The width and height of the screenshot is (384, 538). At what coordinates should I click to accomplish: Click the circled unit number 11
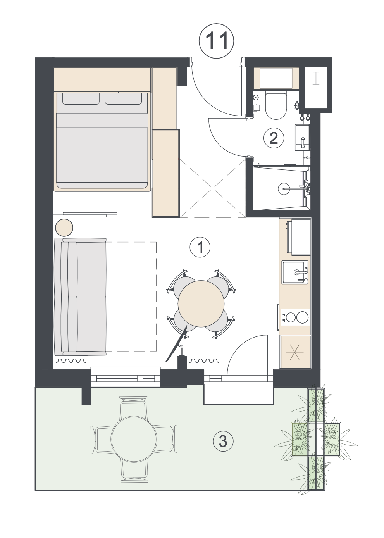[216, 41]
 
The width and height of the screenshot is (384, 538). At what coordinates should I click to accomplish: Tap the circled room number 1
[200, 247]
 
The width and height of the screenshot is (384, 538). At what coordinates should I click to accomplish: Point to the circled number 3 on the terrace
[223, 441]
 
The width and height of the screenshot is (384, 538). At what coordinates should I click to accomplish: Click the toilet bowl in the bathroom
[276, 105]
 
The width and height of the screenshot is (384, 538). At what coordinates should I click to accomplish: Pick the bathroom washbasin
[302, 137]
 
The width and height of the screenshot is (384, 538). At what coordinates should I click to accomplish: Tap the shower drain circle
[284, 188]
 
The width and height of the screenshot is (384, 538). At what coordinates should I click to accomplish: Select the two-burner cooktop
[295, 317]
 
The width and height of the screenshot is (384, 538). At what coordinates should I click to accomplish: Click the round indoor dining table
[201, 303]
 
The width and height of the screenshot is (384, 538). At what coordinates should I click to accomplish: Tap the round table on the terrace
[134, 439]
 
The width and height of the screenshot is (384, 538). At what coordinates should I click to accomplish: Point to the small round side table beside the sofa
[64, 227]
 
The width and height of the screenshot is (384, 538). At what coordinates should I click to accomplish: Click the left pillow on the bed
[81, 99]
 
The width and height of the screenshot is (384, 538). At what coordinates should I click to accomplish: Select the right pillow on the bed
[123, 99]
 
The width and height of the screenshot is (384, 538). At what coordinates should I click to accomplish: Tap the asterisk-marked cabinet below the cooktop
[295, 352]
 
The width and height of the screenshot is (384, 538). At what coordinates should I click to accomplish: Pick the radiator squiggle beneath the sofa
[71, 361]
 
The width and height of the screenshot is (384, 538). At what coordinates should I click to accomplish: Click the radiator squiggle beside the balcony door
[204, 361]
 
